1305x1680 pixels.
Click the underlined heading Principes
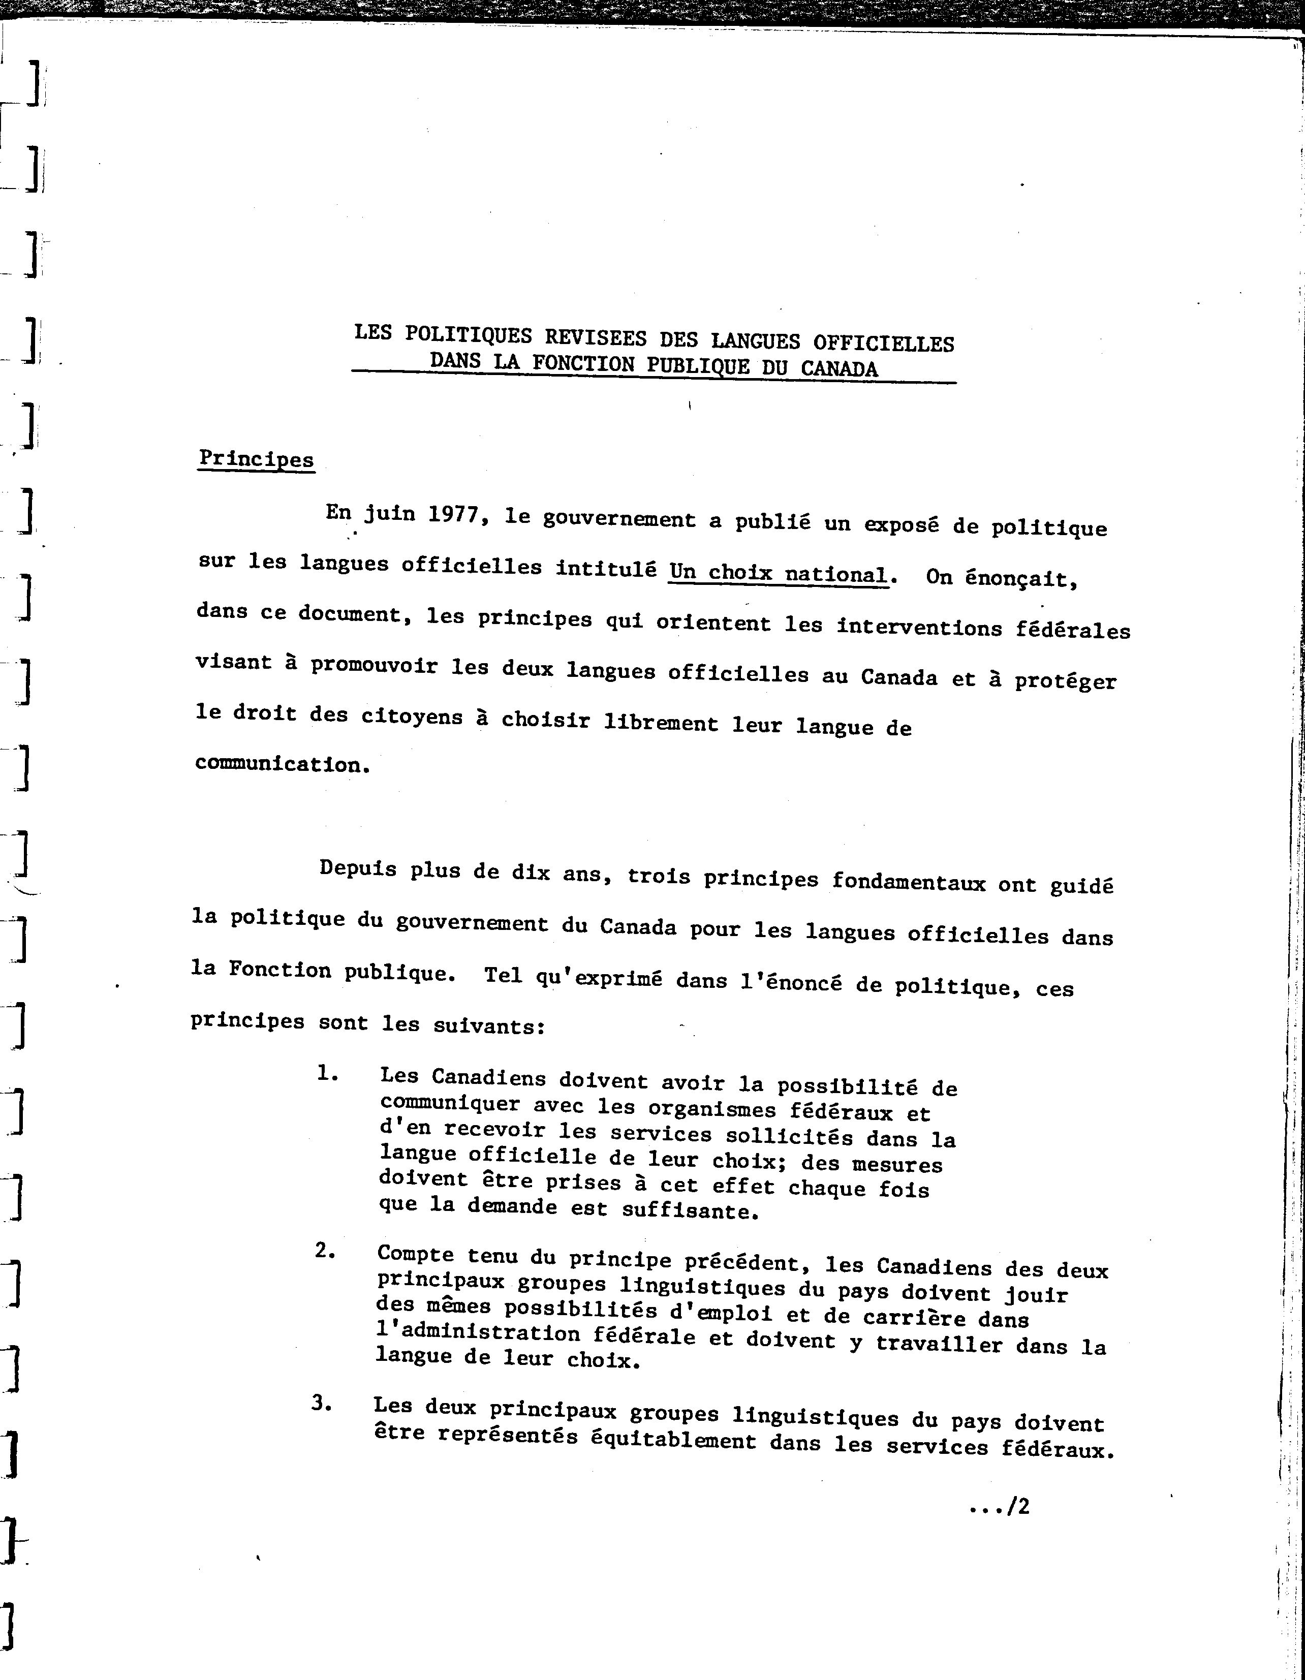(x=256, y=459)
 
